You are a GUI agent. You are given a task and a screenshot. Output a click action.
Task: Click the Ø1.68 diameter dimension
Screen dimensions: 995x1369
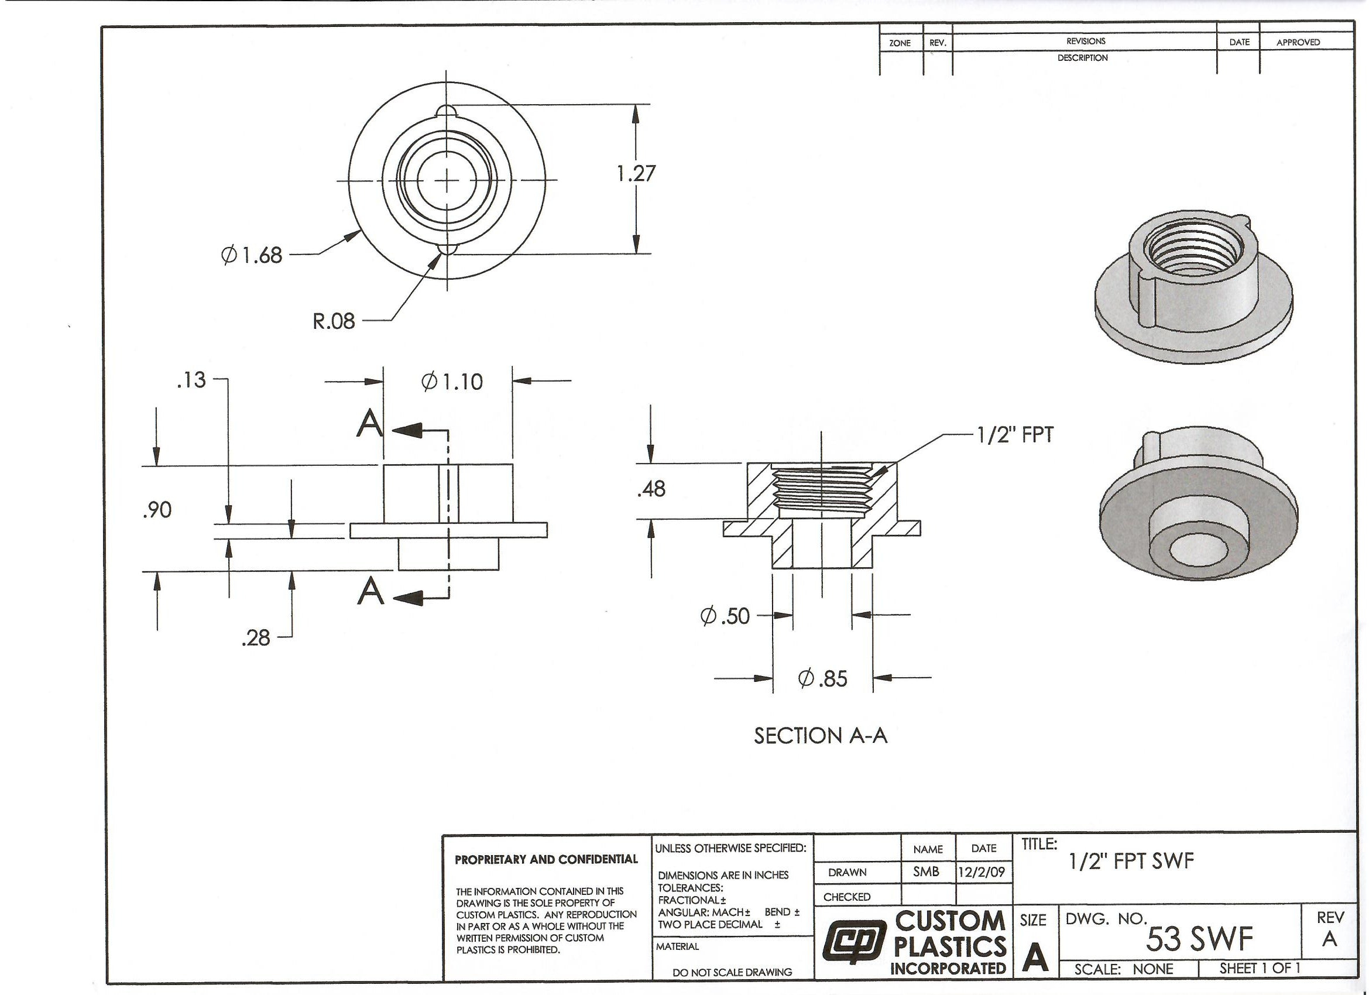point(252,255)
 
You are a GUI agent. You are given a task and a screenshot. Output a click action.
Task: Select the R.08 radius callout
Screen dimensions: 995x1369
point(334,321)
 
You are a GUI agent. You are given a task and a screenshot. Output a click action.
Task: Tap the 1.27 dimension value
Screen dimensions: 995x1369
point(636,174)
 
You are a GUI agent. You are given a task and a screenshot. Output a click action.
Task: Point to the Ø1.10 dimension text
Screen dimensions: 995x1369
point(452,382)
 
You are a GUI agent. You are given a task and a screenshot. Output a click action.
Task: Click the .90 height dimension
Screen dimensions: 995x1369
point(157,510)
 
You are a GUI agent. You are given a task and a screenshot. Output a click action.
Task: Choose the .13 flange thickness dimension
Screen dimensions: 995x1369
point(191,380)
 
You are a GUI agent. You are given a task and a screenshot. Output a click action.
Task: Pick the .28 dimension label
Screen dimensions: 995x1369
point(255,637)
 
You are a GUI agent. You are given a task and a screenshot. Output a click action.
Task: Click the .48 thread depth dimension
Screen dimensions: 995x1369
point(651,489)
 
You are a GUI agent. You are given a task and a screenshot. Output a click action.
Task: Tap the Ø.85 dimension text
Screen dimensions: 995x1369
point(823,679)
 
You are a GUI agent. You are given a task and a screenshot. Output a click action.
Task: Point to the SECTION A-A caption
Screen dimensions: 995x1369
point(821,735)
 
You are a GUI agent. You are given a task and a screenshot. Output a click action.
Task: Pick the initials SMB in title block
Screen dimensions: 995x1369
point(926,872)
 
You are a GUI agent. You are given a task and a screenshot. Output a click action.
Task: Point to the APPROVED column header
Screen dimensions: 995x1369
point(1298,42)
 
